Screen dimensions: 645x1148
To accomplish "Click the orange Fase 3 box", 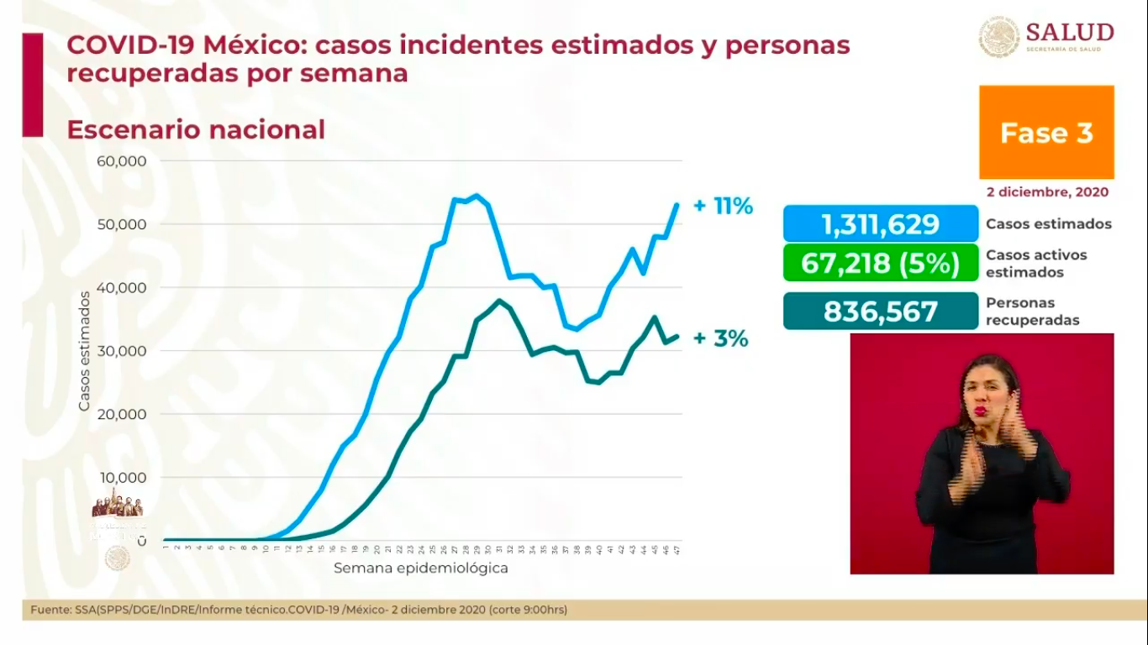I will [1046, 132].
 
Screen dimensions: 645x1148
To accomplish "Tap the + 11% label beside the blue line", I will [723, 206].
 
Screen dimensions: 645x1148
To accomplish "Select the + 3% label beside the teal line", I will [720, 339].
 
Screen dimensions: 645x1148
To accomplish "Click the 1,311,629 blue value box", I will [881, 224].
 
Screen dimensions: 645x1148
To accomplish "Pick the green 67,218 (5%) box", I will [881, 263].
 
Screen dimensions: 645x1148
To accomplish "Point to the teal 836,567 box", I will [881, 312].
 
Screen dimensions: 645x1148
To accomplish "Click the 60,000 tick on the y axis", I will [123, 161].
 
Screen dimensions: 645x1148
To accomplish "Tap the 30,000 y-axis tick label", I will [123, 351].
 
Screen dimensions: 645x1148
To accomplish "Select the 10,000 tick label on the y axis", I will [123, 478].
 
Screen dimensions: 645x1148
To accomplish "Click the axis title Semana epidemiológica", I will [420, 568].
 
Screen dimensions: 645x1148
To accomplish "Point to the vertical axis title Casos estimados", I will [84, 351].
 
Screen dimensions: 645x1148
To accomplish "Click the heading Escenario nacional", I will [195, 130].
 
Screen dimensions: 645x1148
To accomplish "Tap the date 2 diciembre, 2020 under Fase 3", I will [1047, 191].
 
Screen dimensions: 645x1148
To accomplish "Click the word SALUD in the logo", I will [1069, 32].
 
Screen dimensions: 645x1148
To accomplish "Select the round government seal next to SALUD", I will [999, 38].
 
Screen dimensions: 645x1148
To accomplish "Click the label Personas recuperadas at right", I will [1033, 312].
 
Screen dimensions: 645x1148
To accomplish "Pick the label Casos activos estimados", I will [1036, 263].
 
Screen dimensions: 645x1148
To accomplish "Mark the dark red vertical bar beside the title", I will [32, 85].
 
